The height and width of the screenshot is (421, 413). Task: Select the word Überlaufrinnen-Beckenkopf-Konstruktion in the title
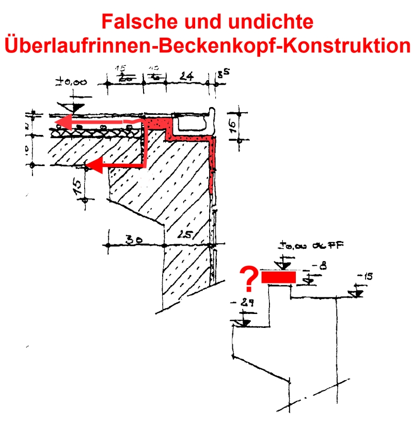tap(206, 46)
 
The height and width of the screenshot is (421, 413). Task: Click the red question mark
tap(249, 279)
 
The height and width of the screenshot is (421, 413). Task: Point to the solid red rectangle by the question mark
tap(279, 278)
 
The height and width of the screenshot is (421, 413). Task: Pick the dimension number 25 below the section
tap(184, 235)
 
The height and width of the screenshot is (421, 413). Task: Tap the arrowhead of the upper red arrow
tap(62, 122)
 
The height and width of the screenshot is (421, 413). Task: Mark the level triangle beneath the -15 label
tap(356, 293)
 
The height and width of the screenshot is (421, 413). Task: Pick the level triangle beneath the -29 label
tap(241, 323)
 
